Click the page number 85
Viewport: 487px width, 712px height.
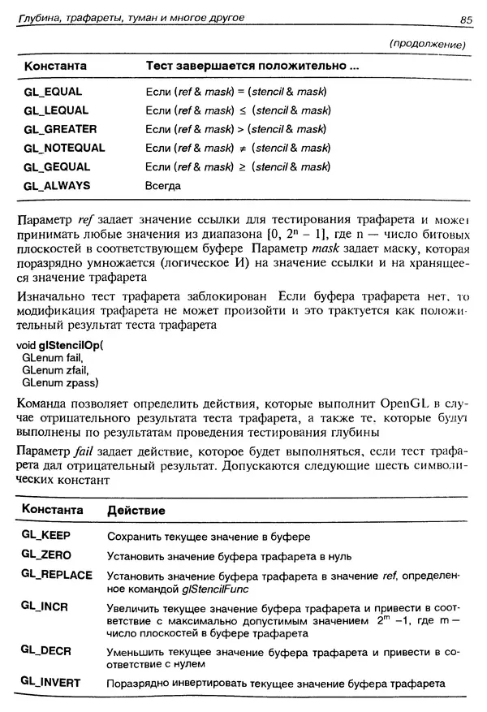coord(465,19)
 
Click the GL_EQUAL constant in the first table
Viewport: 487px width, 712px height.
coord(53,92)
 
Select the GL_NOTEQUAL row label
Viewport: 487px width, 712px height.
coord(65,148)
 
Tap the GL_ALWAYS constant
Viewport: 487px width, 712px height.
coord(57,185)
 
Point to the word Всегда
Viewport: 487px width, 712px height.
coord(162,186)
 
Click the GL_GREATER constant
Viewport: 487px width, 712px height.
coord(61,129)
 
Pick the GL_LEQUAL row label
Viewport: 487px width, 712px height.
coord(56,110)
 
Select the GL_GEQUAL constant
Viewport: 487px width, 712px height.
coord(58,166)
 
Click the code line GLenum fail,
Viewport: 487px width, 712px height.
coord(54,357)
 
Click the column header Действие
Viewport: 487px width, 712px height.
coord(137,511)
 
